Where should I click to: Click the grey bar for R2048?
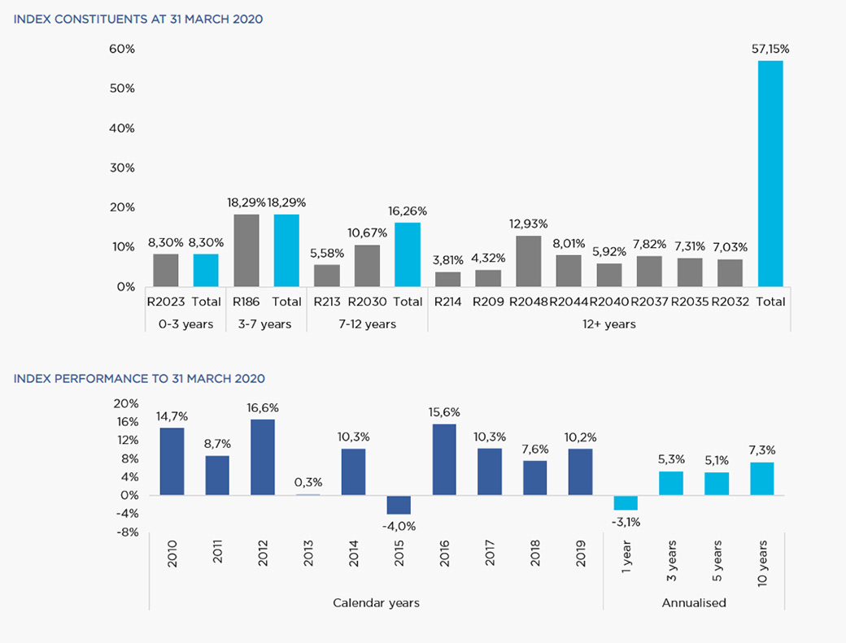point(528,261)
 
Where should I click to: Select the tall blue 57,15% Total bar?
point(770,173)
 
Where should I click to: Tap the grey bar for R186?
point(246,250)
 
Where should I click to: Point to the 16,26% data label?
point(408,211)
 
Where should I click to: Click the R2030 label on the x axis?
point(367,302)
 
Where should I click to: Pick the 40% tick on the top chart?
point(122,128)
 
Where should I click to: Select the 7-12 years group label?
point(368,324)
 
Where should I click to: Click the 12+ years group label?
point(609,324)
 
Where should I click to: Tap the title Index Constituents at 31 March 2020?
point(138,20)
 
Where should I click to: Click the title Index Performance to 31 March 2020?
point(139,379)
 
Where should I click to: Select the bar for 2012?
point(263,457)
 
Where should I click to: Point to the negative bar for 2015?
point(399,505)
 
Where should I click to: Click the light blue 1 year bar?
point(626,502)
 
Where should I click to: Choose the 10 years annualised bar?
point(762,479)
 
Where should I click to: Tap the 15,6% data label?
point(444,412)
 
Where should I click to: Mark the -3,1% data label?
point(626,522)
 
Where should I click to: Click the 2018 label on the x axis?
point(535,553)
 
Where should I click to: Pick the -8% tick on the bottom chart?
point(127,532)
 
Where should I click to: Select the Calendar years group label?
point(376,602)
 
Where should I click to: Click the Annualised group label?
point(694,602)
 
